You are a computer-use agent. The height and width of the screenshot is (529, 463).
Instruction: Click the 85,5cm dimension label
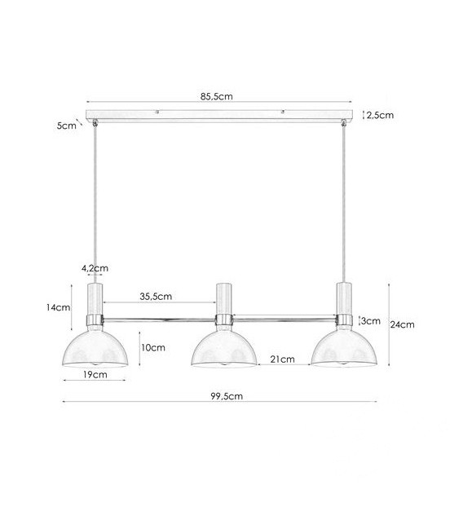pos(216,96)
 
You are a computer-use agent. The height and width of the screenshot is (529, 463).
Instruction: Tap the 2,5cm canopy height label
pos(380,116)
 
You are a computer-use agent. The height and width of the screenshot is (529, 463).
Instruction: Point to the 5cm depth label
pos(67,126)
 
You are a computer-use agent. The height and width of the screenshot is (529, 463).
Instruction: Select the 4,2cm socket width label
pos(95,268)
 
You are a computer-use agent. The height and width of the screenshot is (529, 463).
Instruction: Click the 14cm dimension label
pos(59,307)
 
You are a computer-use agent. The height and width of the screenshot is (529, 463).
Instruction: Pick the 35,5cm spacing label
pos(156,297)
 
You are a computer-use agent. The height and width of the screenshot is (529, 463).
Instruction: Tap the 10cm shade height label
pos(153,347)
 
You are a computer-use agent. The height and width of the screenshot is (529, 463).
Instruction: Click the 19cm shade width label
pos(95,374)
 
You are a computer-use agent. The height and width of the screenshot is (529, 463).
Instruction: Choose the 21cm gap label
pos(283,359)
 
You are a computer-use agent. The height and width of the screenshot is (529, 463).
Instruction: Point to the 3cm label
pos(371,321)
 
